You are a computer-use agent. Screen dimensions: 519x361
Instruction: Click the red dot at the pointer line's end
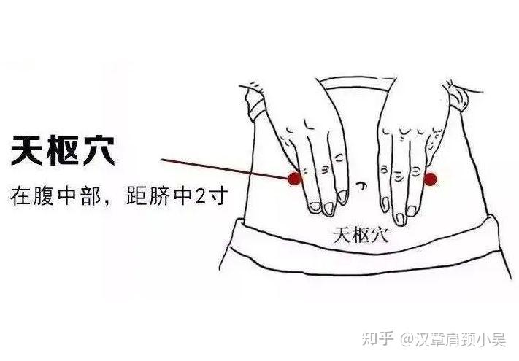click(x=294, y=179)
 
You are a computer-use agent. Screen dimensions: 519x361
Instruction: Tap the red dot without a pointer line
click(x=430, y=179)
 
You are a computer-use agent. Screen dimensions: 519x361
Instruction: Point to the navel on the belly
click(x=362, y=185)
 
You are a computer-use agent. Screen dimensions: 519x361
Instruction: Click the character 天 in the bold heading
click(x=26, y=151)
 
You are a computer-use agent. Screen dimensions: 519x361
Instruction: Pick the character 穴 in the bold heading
click(x=99, y=151)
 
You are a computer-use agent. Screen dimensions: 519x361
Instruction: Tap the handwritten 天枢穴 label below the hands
click(x=361, y=235)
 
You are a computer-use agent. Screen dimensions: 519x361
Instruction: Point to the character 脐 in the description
click(x=161, y=196)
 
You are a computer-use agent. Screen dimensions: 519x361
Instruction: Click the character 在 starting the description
click(x=20, y=196)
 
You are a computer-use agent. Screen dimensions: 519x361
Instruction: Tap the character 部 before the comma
click(x=91, y=196)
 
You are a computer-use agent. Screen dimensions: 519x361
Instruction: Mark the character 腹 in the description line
click(x=44, y=196)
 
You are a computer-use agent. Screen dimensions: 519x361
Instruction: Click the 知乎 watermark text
click(x=377, y=339)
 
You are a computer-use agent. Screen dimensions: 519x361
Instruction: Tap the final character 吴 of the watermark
click(x=498, y=339)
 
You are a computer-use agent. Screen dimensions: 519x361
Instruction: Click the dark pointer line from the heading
click(x=225, y=169)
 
